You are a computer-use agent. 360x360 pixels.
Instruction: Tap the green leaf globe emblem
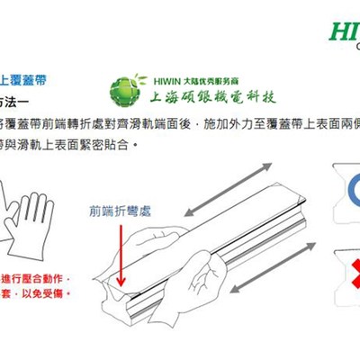point(126,91)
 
